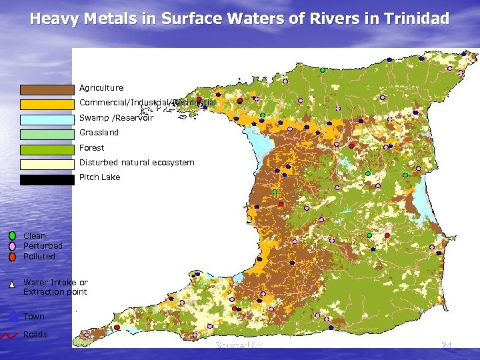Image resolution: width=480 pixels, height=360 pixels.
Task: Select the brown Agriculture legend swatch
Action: (47, 89)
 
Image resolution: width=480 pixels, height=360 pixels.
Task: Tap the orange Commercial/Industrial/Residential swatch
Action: (47, 104)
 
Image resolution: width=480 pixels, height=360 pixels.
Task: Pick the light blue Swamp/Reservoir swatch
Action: (47, 119)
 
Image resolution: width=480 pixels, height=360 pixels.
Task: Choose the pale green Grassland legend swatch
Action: (47, 134)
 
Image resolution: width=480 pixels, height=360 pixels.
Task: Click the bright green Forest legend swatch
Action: (47, 149)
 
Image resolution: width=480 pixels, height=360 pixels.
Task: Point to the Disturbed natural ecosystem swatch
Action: (47, 164)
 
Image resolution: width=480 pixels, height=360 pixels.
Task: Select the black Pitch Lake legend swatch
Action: (47, 179)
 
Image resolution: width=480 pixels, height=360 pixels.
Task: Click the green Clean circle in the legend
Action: (13, 235)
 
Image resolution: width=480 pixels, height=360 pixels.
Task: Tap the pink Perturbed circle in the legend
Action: (13, 246)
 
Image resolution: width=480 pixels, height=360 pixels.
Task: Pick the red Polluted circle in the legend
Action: (13, 257)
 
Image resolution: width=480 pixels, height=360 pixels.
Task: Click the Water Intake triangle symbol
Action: (13, 284)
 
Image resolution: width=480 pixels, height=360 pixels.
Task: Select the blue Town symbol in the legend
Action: (13, 316)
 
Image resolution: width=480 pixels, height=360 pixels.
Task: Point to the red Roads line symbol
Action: (11, 335)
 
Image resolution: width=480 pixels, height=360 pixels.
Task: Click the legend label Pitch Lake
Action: (99, 177)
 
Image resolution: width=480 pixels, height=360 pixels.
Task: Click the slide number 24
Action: (446, 345)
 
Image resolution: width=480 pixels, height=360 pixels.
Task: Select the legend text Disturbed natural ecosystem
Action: (137, 163)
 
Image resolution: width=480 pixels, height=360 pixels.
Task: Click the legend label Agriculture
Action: (101, 88)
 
